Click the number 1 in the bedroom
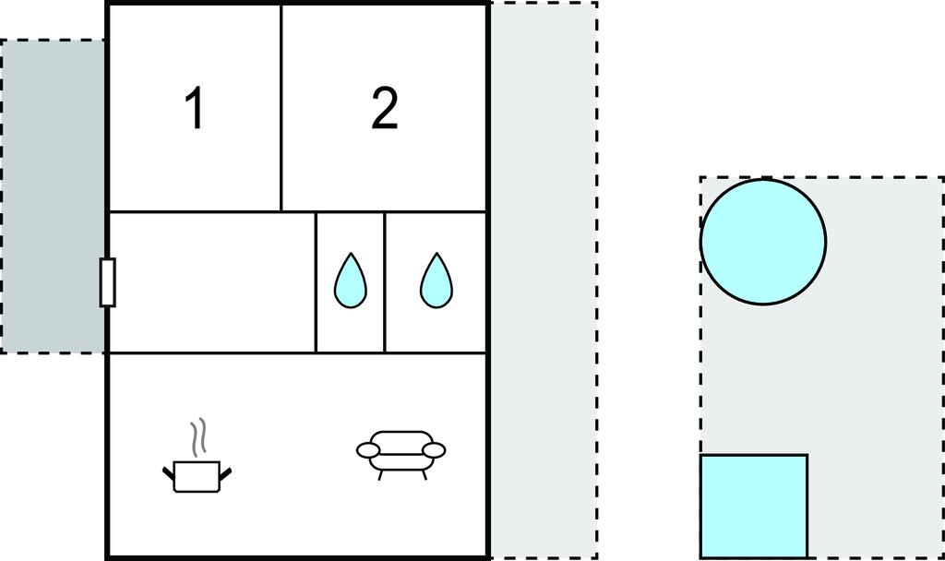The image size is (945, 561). tap(195, 108)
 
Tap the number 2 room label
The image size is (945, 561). tap(385, 108)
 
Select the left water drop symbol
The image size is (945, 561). tap(350, 280)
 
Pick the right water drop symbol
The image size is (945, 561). tap(437, 280)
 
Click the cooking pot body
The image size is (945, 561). tap(197, 477)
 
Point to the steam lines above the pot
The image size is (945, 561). tap(198, 436)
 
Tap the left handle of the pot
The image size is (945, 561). tap(169, 473)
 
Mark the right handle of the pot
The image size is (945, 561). tap(225, 473)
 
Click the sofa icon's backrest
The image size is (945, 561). tap(401, 437)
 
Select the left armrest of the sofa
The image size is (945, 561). tap(368, 450)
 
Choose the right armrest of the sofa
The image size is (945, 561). tap(434, 450)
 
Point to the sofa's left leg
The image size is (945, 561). tap(380, 475)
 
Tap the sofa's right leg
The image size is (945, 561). tap(425, 475)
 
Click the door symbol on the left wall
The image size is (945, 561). tap(108, 282)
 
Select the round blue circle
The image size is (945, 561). tap(763, 241)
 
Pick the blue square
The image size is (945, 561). tap(754, 507)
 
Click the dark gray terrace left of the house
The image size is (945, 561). tap(53, 197)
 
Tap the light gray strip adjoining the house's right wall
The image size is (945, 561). tap(544, 280)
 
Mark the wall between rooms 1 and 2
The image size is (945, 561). tap(281, 109)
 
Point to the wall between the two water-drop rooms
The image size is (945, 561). tap(385, 282)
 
